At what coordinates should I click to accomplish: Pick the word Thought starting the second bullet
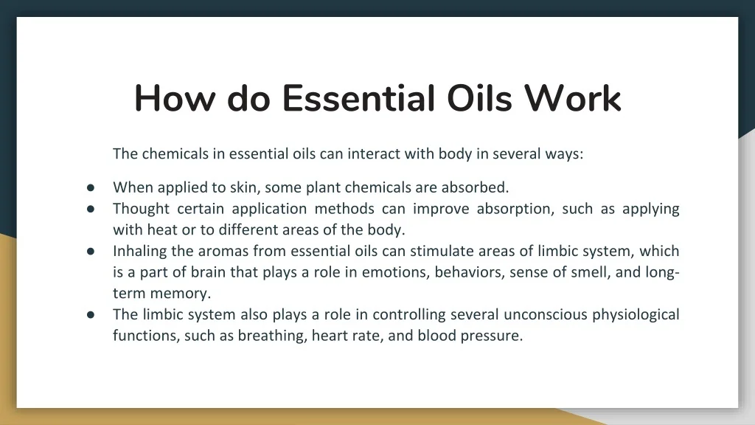click(141, 208)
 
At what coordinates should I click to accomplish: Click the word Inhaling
click(140, 251)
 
